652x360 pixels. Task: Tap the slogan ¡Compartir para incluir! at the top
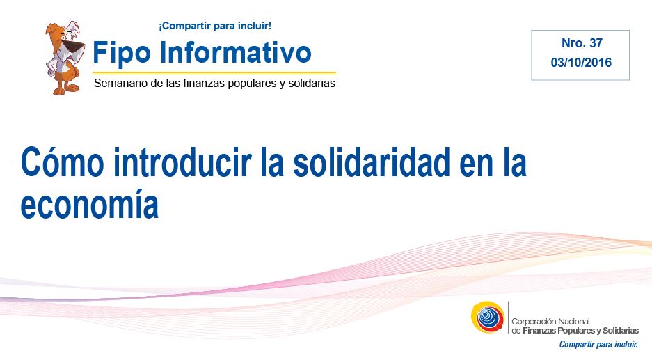tap(215, 26)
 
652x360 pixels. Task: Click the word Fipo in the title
tap(121, 53)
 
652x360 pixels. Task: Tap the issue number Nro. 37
tap(582, 43)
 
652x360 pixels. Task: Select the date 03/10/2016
tap(581, 63)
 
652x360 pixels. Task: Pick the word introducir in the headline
tap(182, 162)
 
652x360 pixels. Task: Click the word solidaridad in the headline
tap(372, 162)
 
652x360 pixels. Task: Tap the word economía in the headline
tap(89, 204)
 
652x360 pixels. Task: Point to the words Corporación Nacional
tap(550, 321)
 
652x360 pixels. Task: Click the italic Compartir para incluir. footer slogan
tap(598, 345)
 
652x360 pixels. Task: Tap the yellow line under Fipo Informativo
tap(214, 73)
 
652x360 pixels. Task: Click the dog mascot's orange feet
tap(65, 88)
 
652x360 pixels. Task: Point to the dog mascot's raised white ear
tap(74, 28)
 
